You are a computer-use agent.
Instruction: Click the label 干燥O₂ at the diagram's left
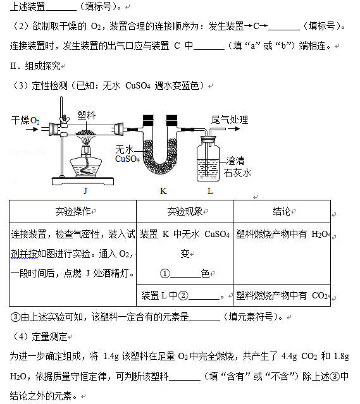pyautogui.click(x=25, y=120)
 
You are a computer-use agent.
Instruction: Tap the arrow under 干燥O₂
pyautogui.click(x=32, y=130)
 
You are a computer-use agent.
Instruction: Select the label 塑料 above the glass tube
pyautogui.click(x=87, y=115)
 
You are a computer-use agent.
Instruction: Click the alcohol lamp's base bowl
pyautogui.click(x=86, y=168)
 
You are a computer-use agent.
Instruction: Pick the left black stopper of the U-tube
pyautogui.click(x=148, y=120)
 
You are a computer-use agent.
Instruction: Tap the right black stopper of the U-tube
pyautogui.click(x=171, y=120)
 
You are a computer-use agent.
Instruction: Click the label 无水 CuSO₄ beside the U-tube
pyautogui.click(x=127, y=154)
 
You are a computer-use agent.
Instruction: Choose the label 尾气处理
pyautogui.click(x=230, y=119)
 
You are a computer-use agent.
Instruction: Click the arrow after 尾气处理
pyautogui.click(x=234, y=129)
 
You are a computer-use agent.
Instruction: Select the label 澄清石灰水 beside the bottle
pyautogui.click(x=237, y=167)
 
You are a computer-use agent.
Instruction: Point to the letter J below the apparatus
pyautogui.click(x=85, y=191)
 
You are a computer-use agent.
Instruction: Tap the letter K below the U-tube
pyautogui.click(x=163, y=191)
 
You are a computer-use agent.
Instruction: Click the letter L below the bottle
pyautogui.click(x=210, y=191)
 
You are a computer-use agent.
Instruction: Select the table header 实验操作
pyautogui.click(x=73, y=211)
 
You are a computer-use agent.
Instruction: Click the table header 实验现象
pyautogui.click(x=185, y=211)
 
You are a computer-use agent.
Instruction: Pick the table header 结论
pyautogui.click(x=282, y=211)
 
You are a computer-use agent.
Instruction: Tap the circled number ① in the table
pyautogui.click(x=165, y=273)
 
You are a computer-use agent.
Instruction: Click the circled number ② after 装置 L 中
pyautogui.click(x=183, y=295)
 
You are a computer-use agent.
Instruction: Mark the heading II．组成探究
pyautogui.click(x=35, y=66)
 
